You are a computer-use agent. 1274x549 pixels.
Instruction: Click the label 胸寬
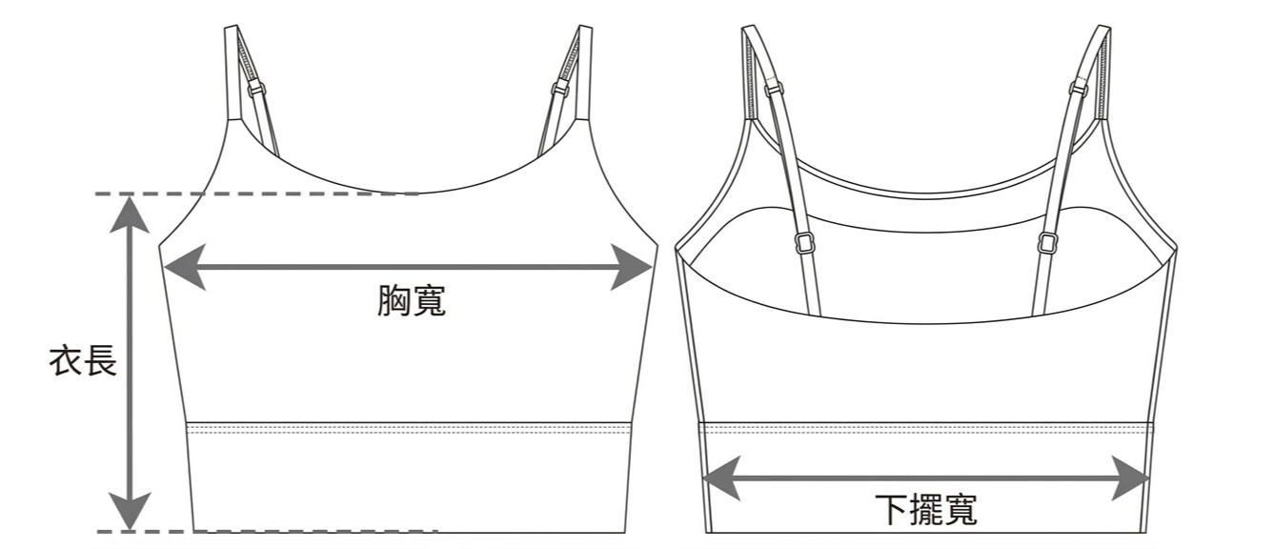click(x=412, y=301)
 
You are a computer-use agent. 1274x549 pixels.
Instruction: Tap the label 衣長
click(x=83, y=360)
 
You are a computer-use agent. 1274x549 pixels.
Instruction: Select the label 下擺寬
click(x=926, y=510)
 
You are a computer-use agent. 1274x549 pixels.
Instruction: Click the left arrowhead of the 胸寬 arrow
click(x=184, y=267)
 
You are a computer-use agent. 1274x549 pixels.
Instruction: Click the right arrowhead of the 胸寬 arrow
click(x=632, y=267)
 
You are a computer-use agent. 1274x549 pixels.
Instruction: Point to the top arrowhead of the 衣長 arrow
click(x=130, y=215)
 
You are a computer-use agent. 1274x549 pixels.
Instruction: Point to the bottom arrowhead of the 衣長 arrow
click(x=130, y=511)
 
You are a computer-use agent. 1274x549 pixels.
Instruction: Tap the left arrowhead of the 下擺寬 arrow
click(x=722, y=478)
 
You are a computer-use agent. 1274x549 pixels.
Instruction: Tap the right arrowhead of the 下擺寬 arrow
click(x=1131, y=478)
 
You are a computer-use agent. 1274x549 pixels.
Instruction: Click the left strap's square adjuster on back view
click(x=803, y=243)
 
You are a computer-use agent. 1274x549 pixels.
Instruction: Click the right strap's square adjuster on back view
click(x=1047, y=243)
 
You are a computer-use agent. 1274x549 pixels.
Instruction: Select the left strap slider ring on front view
click(x=257, y=89)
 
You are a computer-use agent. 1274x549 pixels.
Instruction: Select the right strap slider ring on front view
click(x=561, y=89)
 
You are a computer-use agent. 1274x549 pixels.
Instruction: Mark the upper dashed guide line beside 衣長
click(x=257, y=194)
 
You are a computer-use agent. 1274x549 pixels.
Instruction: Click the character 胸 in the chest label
click(x=394, y=301)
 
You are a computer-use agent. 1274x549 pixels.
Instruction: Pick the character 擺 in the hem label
click(x=926, y=510)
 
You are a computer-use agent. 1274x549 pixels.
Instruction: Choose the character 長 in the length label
click(x=101, y=360)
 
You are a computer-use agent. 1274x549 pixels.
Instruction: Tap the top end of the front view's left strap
click(x=231, y=26)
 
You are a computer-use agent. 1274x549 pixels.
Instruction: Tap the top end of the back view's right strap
click(x=1103, y=26)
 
